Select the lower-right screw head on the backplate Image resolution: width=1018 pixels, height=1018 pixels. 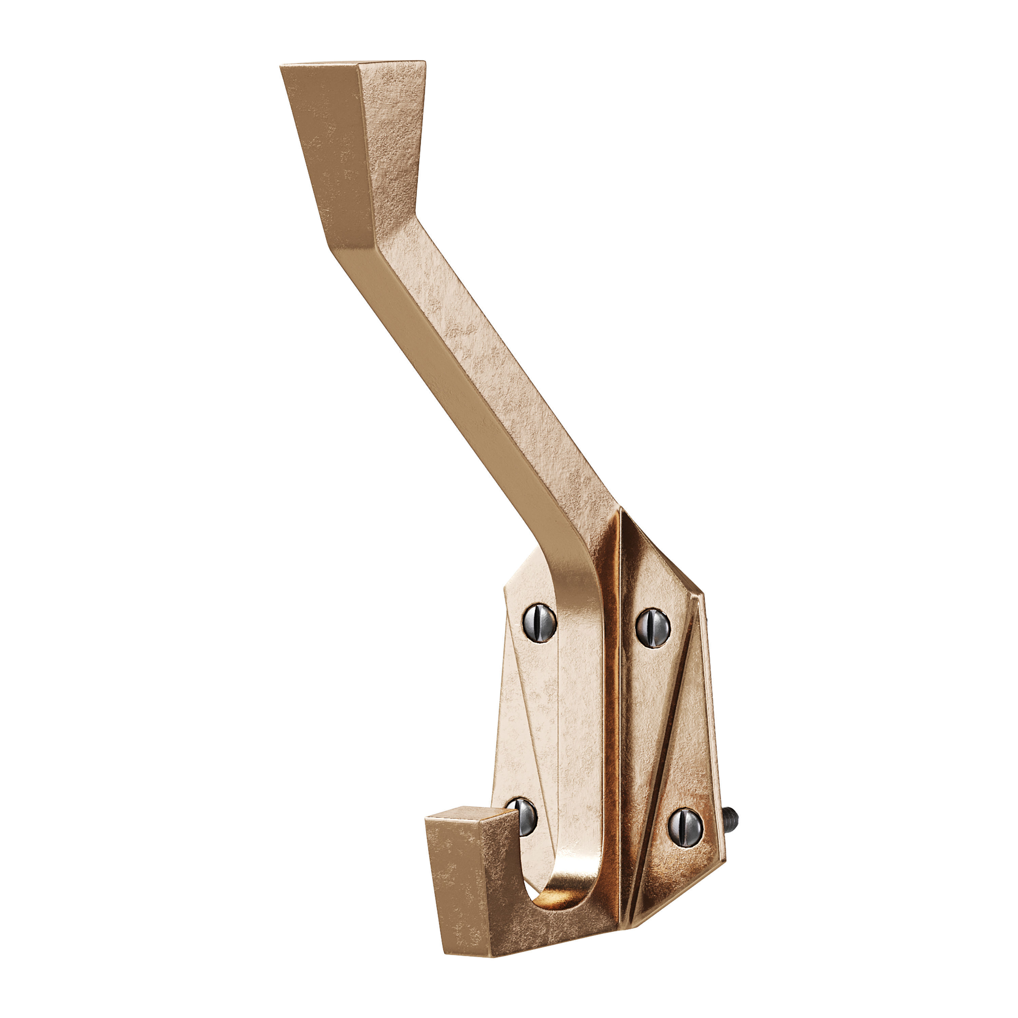click(685, 827)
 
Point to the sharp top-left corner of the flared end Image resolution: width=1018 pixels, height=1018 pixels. click(281, 67)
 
